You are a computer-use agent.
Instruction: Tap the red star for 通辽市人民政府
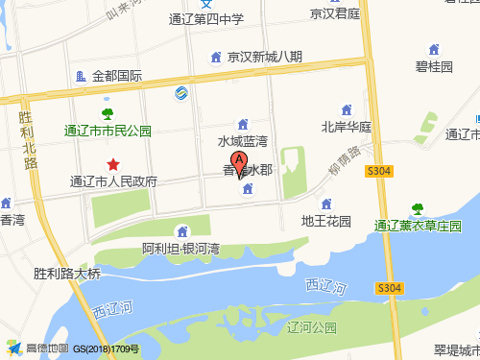114,165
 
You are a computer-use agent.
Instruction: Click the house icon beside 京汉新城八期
217,57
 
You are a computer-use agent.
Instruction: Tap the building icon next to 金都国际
80,75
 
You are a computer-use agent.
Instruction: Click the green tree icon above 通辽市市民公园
108,115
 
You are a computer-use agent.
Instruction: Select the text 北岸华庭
346,126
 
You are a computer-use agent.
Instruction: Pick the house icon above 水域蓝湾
242,124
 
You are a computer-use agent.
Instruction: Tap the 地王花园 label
327,221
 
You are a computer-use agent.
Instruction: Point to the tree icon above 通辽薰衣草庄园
418,208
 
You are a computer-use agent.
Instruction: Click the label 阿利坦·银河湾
181,249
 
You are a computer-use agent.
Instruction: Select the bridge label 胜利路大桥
66,273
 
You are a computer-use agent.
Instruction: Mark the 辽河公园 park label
312,327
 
